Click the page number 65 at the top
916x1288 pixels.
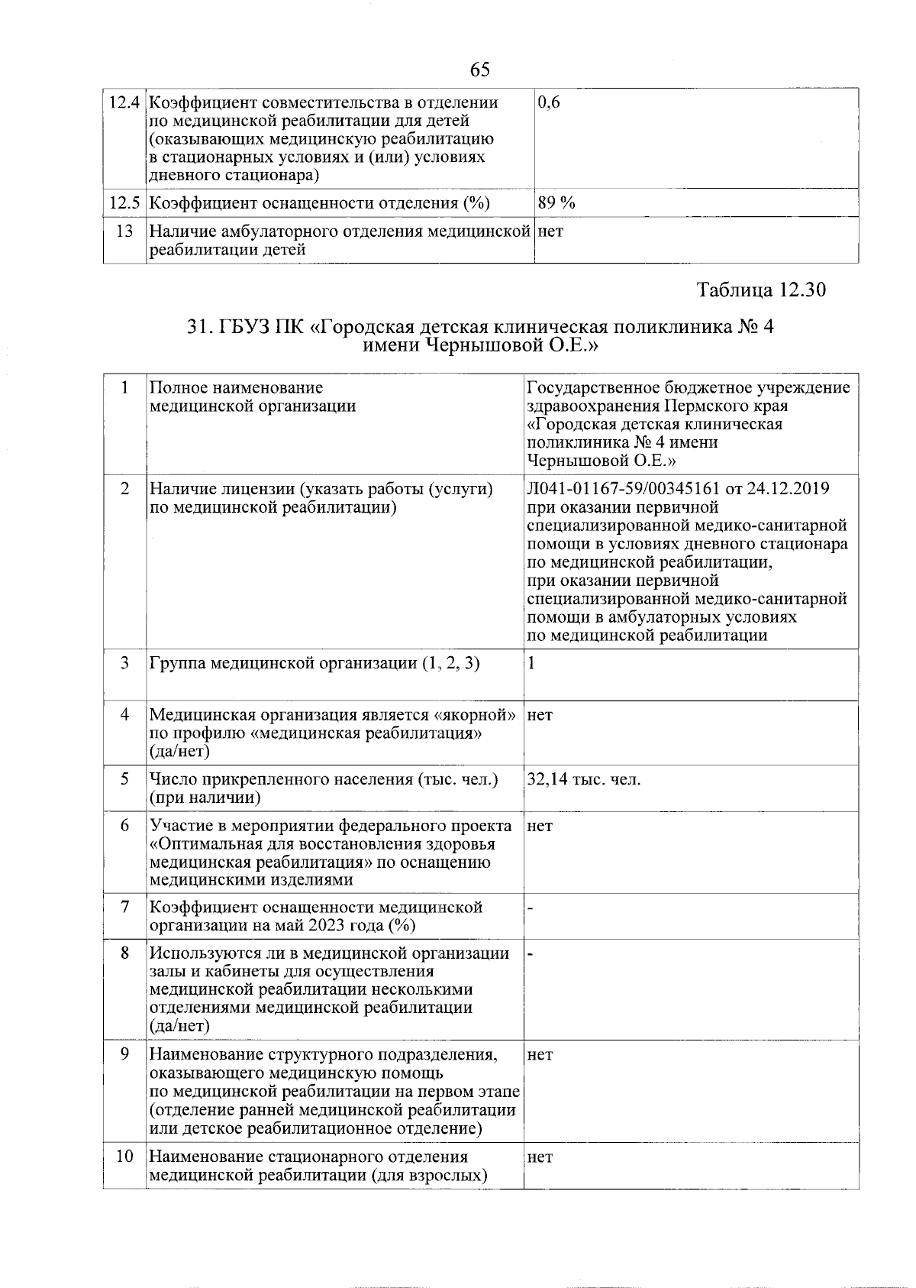tap(479, 70)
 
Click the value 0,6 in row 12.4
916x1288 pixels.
tap(549, 102)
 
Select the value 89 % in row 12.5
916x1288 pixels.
tap(556, 202)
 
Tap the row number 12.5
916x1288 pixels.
tap(124, 203)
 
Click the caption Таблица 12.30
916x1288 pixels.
tap(761, 290)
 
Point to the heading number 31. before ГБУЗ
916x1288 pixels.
tap(200, 328)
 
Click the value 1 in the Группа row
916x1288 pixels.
tap(531, 663)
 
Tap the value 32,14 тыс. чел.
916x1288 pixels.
tap(584, 780)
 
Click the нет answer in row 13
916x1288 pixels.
tap(550, 231)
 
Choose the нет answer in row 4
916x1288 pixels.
tap(540, 715)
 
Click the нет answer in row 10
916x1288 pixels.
tap(540, 1157)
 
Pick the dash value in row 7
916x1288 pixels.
tap(530, 908)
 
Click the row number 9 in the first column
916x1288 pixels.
tap(124, 1055)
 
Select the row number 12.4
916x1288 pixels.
tap(124, 102)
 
